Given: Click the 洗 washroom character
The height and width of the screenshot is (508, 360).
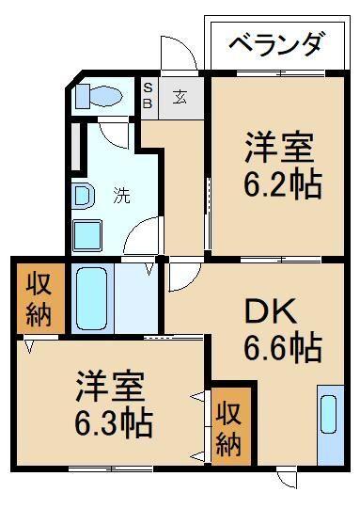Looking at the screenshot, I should pyautogui.click(x=122, y=197).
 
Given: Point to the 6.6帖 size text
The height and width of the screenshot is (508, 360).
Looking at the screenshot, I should pyautogui.click(x=280, y=350).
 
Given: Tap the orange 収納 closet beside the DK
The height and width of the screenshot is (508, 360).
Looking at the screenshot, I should pyautogui.click(x=232, y=426).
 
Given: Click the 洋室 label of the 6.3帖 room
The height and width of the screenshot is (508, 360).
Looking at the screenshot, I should pyautogui.click(x=111, y=386).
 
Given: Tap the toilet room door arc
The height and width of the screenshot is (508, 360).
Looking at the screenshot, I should pyautogui.click(x=114, y=135).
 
